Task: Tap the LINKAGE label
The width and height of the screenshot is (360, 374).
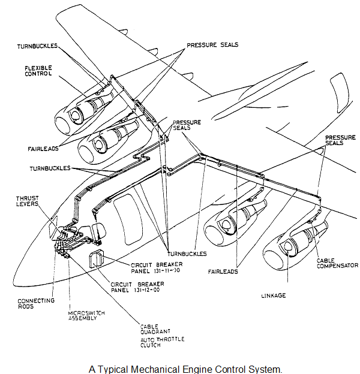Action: [x=274, y=295]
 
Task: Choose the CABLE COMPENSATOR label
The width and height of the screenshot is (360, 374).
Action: [x=337, y=261]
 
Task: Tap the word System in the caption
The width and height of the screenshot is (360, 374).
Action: [x=266, y=367]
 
